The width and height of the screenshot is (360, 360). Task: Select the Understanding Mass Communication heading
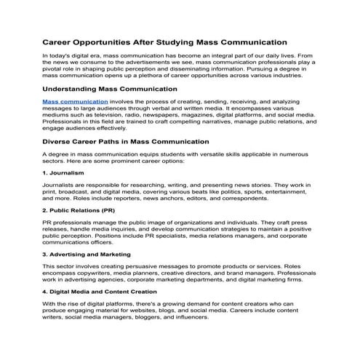click(x=110, y=89)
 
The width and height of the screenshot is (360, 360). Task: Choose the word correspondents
click(x=223, y=201)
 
